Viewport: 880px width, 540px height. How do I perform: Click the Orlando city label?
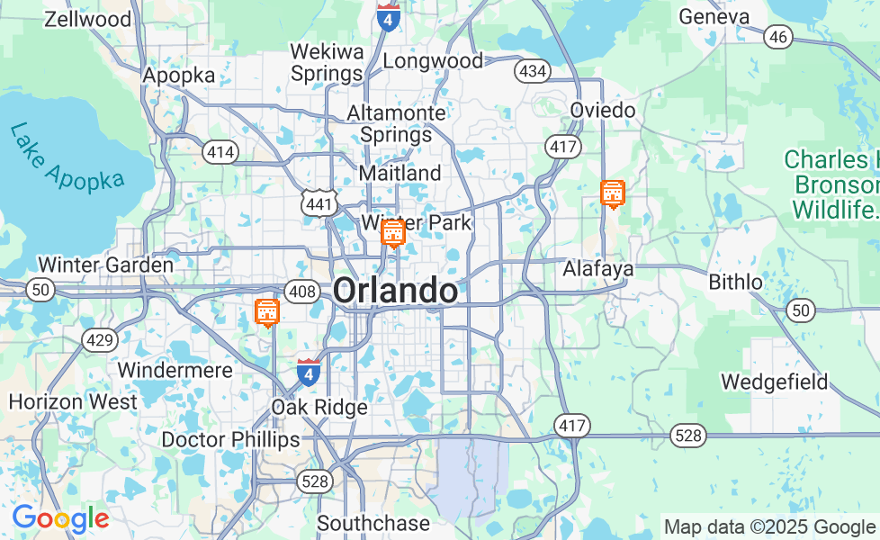coord(395,291)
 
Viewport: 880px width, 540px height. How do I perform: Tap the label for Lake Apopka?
coord(67,157)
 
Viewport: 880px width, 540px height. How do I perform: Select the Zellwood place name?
coord(87,18)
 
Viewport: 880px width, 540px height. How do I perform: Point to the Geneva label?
coord(714,16)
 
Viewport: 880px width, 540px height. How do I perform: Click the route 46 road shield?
coord(778,37)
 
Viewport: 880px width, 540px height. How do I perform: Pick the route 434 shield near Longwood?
coord(532,70)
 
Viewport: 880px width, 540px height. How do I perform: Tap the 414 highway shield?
coord(220,152)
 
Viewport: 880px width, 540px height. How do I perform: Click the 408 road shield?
coord(301,291)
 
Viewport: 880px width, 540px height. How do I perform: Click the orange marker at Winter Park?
coord(392,233)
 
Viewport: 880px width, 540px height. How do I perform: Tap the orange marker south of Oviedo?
coord(613,193)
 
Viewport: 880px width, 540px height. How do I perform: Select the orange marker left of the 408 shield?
coord(267,312)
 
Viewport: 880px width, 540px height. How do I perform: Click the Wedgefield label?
coord(774,382)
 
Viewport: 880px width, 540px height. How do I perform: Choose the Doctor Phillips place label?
coord(230,439)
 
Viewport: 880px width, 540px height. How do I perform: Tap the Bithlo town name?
coord(735,282)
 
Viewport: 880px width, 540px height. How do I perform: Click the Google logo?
coord(60,518)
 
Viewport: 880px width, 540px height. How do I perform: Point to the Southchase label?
coord(373,522)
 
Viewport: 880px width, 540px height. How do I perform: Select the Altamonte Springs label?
coord(396,124)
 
